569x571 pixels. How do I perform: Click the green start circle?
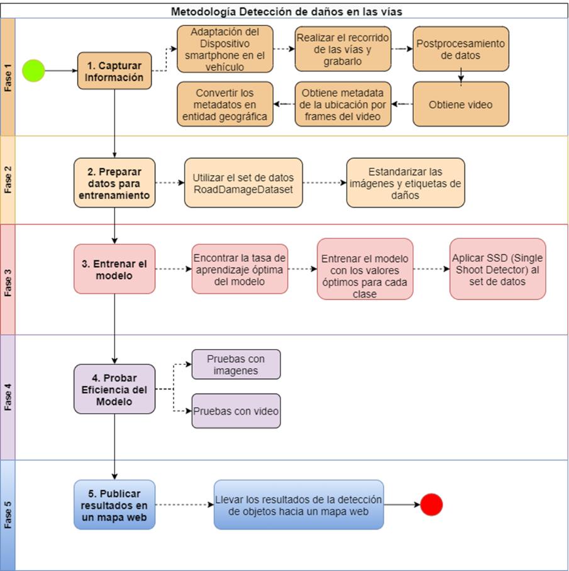pos(35,70)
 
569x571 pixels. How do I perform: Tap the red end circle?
pos(431,504)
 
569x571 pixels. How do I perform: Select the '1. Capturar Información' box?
pos(114,71)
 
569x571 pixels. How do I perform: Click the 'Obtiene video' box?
pos(460,104)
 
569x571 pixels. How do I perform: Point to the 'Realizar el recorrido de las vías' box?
pos(343,48)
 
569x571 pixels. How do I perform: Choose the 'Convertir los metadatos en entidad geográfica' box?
pos(225,104)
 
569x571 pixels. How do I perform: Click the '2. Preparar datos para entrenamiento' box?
pos(114,183)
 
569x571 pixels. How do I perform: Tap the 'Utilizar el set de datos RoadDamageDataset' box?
pos(243,183)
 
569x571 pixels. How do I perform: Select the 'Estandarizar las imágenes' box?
pos(406,183)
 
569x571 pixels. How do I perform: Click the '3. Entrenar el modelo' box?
pos(114,269)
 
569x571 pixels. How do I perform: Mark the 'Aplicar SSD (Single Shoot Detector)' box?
pos(497,269)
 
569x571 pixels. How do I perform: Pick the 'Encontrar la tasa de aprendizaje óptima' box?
pos(240,269)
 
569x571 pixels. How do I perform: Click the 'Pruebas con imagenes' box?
pos(236,365)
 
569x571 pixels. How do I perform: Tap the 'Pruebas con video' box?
pos(236,411)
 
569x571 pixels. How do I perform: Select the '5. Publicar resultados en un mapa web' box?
pos(114,505)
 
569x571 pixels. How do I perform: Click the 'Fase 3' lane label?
pos(8,279)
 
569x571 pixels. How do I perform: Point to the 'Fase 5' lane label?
pos(8,515)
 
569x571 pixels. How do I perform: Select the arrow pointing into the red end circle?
pos(402,504)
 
